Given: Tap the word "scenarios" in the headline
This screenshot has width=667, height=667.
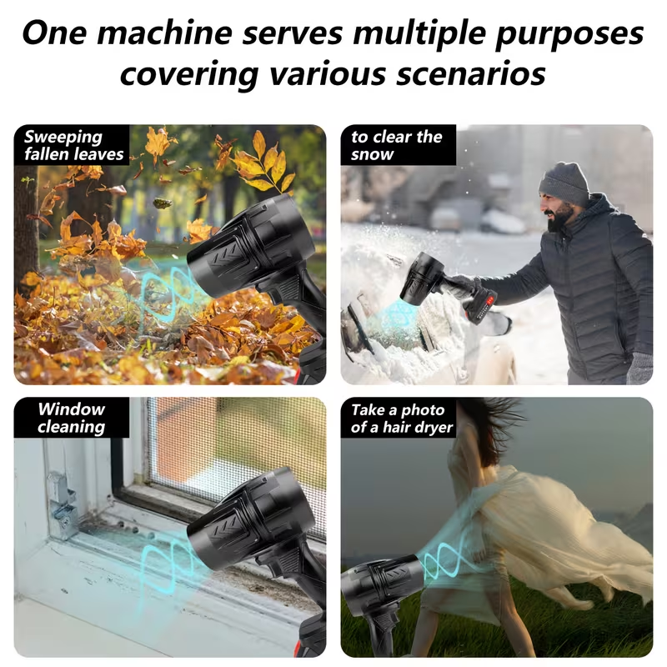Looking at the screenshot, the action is click(470, 73).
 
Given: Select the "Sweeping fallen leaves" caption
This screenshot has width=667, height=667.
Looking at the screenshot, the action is click(73, 145).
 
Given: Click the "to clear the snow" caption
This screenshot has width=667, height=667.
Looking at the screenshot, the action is click(397, 145).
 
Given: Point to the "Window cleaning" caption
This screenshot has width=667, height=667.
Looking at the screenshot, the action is click(71, 418).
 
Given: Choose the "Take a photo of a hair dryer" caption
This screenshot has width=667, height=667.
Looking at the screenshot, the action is click(402, 419).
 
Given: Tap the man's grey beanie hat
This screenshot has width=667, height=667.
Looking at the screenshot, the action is click(565, 183).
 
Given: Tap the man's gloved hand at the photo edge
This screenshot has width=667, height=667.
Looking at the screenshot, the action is click(639, 367).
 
